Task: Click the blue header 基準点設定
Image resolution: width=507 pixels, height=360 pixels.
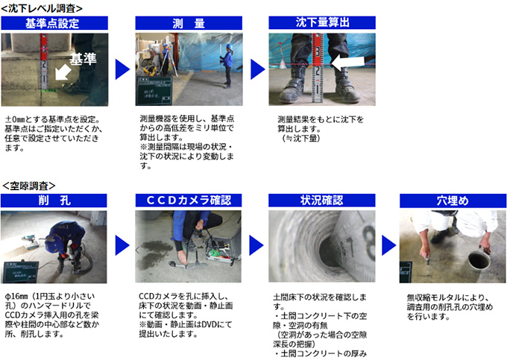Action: point(54,23)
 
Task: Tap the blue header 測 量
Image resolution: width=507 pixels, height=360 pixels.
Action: point(189,23)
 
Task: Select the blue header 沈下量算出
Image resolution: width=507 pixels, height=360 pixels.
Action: point(322,22)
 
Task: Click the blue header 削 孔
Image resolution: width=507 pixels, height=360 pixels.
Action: point(54,200)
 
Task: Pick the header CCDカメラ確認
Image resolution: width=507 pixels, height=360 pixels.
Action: point(189,200)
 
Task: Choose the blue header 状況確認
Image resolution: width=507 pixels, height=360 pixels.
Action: point(322,200)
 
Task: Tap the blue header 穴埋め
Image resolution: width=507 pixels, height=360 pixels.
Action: point(453,200)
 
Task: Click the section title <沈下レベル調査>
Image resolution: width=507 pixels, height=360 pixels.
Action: point(42,8)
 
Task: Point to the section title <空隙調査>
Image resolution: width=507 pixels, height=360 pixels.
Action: point(29,186)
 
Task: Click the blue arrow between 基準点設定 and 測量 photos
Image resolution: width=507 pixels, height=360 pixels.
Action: point(122,69)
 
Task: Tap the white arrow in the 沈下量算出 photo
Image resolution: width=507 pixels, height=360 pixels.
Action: point(348,62)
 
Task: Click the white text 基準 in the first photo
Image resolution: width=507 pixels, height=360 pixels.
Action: point(83,59)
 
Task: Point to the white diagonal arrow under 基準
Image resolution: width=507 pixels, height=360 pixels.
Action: point(63,72)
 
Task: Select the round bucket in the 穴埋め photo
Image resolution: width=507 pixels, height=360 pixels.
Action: point(479,259)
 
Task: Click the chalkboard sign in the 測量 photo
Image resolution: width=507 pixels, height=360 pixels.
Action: point(154,91)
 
